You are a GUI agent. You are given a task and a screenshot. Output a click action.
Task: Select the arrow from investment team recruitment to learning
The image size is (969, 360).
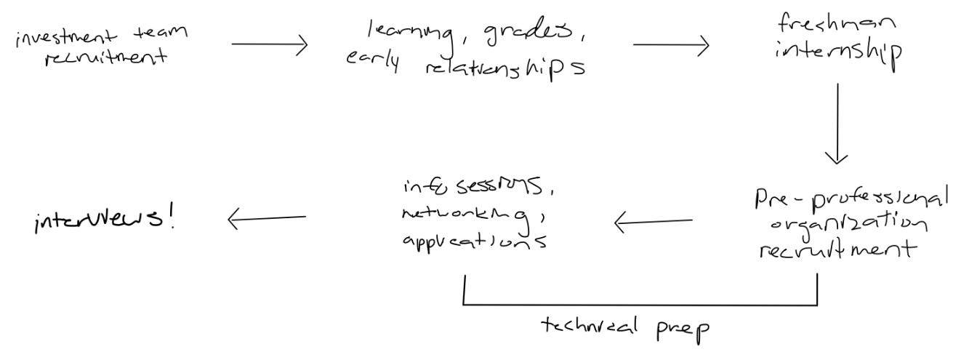270,45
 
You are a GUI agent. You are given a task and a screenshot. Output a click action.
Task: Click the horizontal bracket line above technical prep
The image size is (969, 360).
640,305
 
